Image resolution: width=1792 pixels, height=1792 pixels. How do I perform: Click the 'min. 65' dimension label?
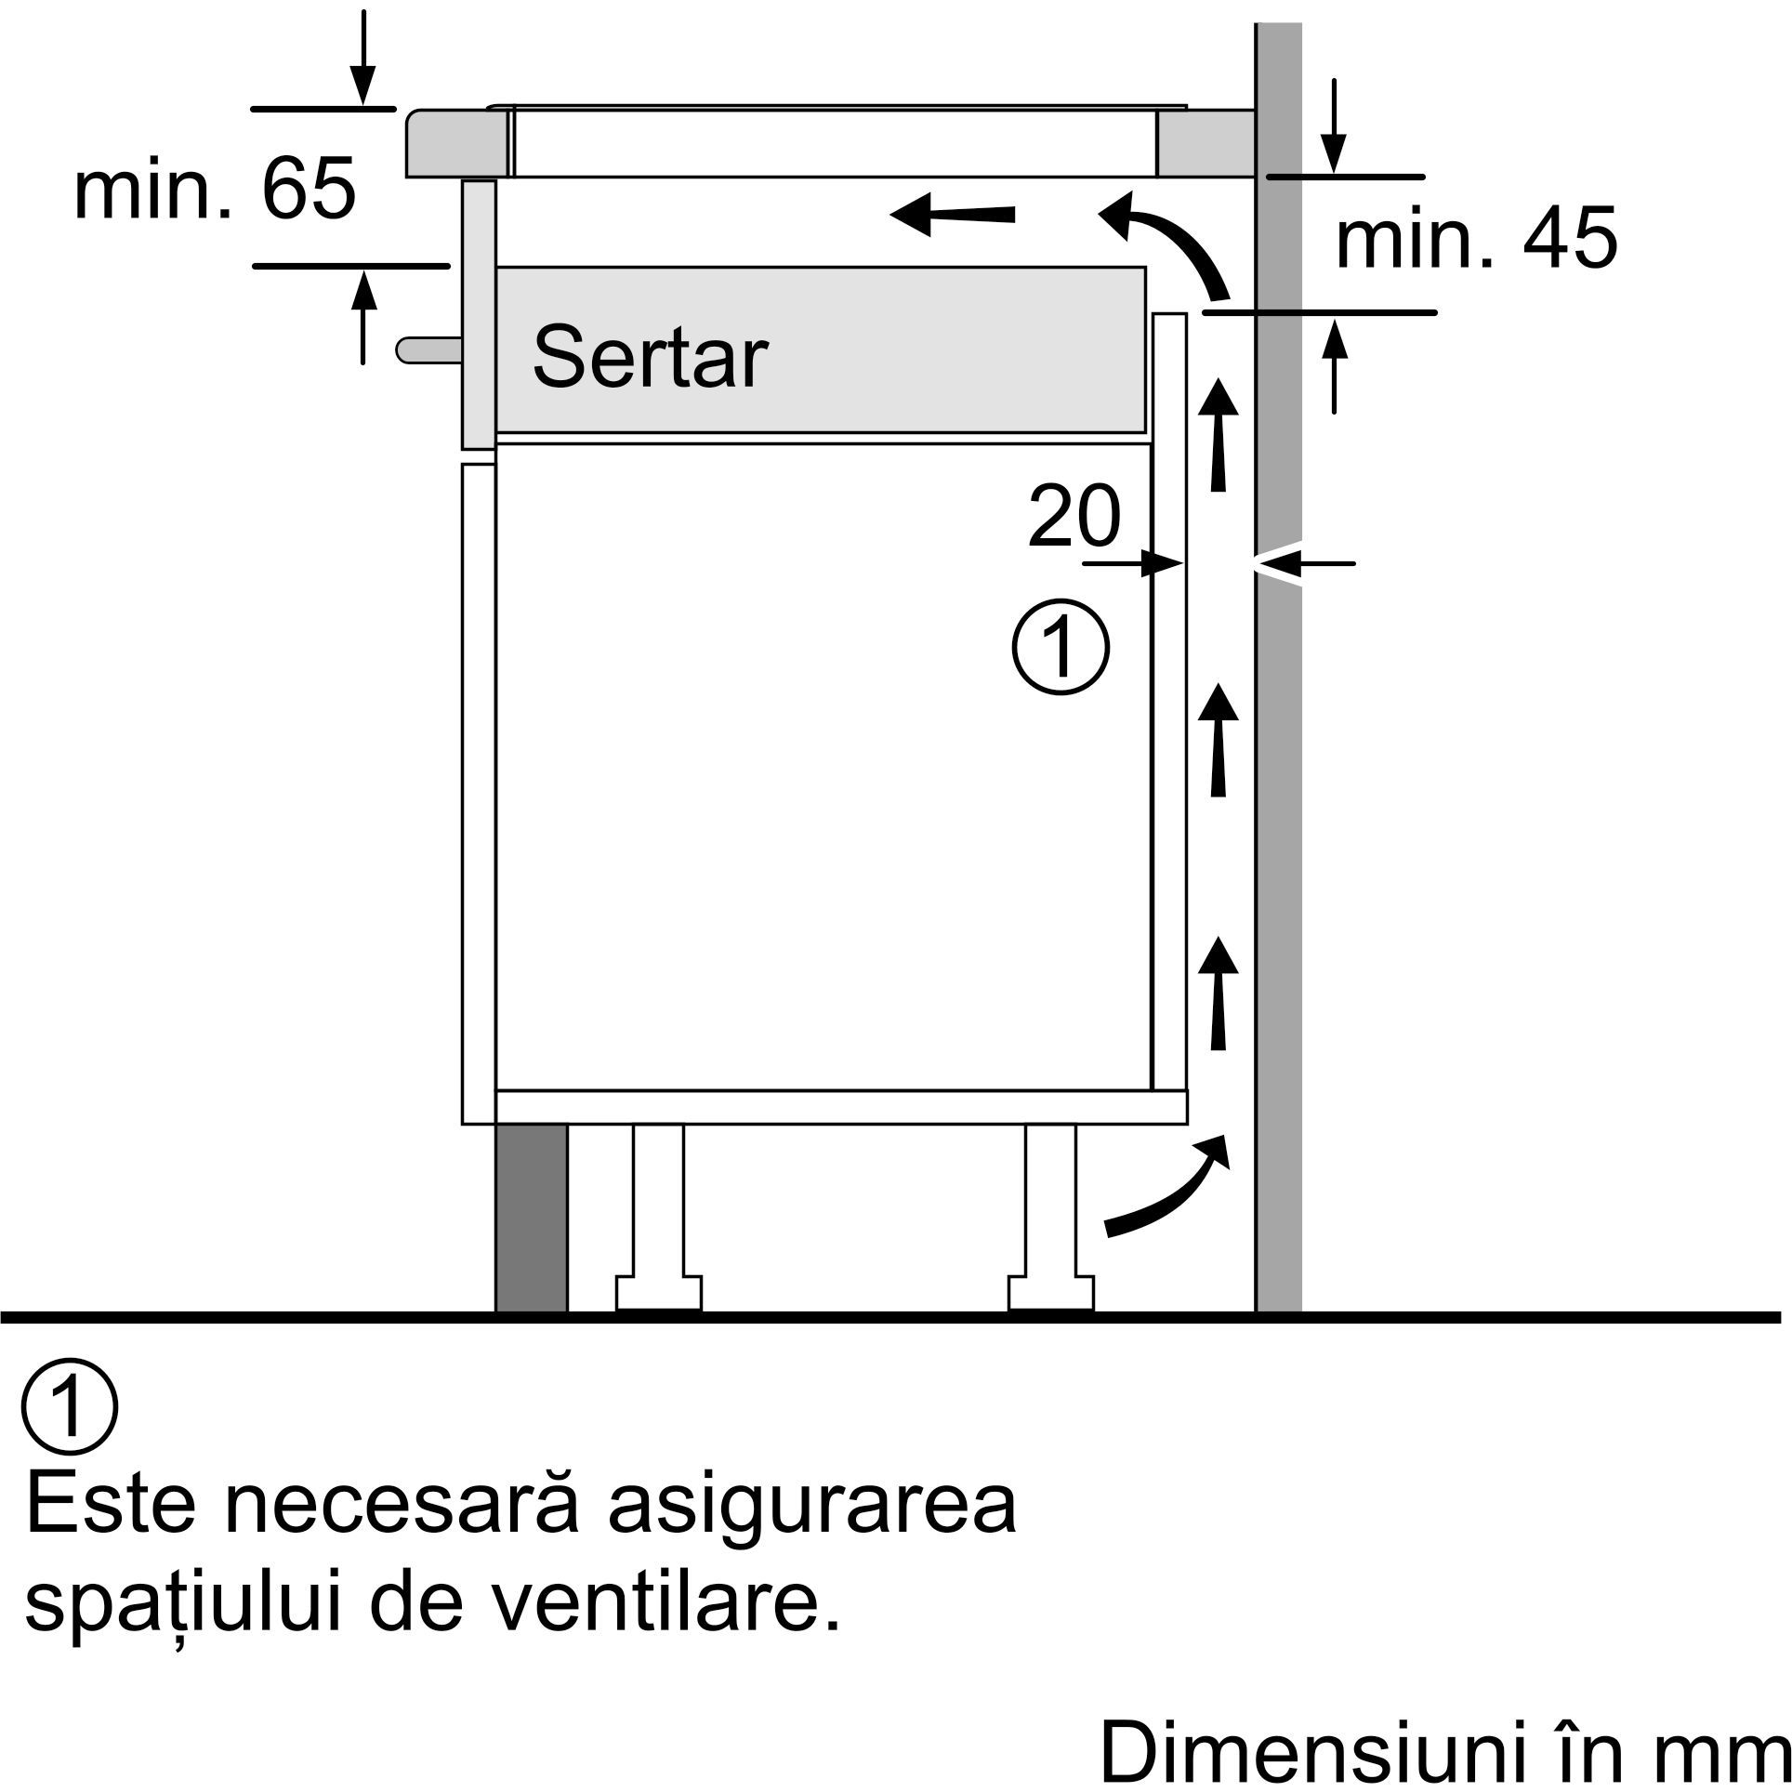215,189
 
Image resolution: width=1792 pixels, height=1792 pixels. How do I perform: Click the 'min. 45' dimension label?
1477,239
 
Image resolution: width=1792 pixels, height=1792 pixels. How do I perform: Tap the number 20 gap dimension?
1074,517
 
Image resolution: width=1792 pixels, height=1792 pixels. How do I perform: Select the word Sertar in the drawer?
650,358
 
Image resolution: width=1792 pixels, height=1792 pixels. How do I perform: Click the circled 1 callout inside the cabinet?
1061,649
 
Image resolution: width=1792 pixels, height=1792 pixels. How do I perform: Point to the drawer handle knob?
428,349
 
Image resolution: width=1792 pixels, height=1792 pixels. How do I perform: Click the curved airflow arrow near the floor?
1166,1187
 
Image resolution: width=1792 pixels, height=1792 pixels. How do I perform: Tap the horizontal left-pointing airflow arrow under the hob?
953,215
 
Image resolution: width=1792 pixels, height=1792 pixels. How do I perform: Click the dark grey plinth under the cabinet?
531,1219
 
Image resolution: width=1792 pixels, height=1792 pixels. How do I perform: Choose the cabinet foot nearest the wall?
1051,1218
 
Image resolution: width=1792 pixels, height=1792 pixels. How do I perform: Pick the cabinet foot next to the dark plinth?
658,1218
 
